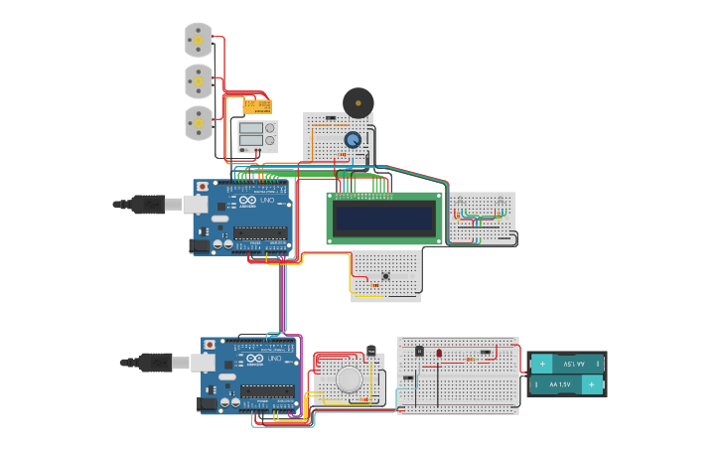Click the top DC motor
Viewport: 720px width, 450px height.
199,40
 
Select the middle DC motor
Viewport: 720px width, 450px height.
199,81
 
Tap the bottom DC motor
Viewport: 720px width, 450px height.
199,123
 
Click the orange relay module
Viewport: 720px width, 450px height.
257,105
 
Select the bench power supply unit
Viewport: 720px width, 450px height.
254,135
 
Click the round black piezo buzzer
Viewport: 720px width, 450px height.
358,102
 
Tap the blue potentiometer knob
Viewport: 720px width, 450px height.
353,140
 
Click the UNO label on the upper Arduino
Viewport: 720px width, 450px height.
267,201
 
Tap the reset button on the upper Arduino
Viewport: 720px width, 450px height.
203,186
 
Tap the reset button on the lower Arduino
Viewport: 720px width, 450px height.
210,344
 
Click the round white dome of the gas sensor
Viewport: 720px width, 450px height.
349,379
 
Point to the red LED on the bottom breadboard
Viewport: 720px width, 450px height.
439,353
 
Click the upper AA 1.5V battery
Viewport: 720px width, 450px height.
567,364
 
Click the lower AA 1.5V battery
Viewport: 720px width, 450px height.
567,384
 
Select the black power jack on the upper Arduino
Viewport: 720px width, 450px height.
200,244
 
